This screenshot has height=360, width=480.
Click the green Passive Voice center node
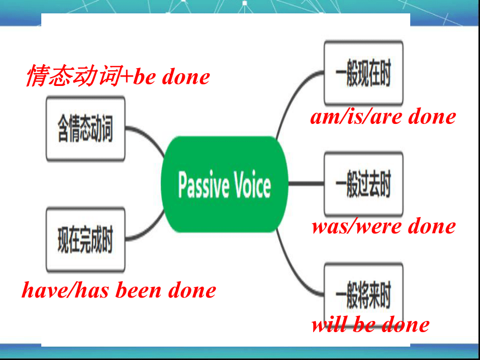coord(224,184)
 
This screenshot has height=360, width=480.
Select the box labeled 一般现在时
coord(363,73)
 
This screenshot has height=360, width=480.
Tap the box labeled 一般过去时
coord(363,184)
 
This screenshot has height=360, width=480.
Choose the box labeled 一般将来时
coord(363,295)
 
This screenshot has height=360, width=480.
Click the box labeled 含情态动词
coord(85,128)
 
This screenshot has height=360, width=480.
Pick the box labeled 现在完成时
coord(85,239)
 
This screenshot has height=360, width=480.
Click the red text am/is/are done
coord(383,117)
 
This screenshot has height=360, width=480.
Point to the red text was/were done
coord(383,227)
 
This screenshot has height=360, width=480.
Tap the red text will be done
coord(370,325)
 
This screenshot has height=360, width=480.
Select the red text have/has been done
coord(119,290)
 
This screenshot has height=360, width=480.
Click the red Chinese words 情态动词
coord(73,75)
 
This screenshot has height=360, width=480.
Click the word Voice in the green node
coord(252,185)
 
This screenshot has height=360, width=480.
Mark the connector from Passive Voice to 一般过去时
coord(306,184)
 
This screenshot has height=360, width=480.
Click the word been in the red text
coord(138,290)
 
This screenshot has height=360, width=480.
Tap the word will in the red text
coord(329,325)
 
